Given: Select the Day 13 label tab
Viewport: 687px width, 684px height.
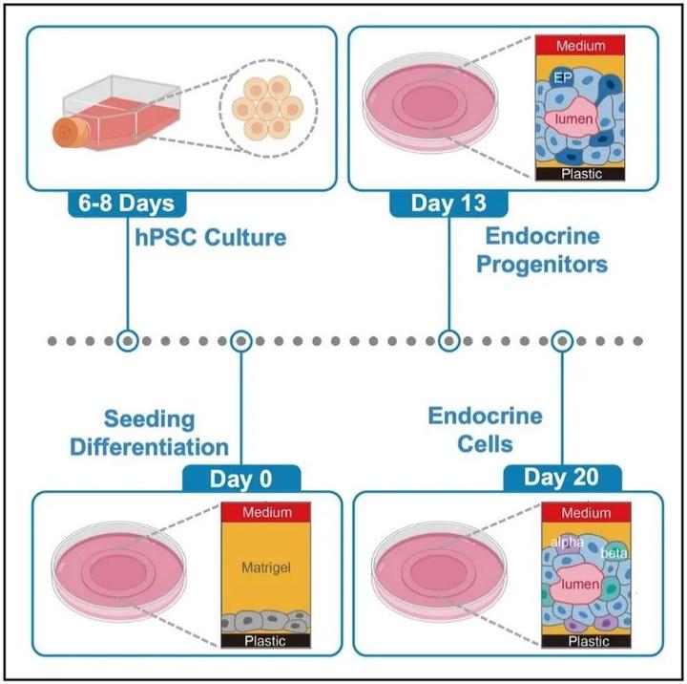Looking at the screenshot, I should click(448, 203).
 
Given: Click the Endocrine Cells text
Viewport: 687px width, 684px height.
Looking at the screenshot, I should click(485, 431).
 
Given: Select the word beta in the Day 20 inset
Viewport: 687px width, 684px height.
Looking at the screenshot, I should click(613, 553).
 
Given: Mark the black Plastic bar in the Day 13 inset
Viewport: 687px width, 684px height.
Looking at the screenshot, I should click(581, 175).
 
